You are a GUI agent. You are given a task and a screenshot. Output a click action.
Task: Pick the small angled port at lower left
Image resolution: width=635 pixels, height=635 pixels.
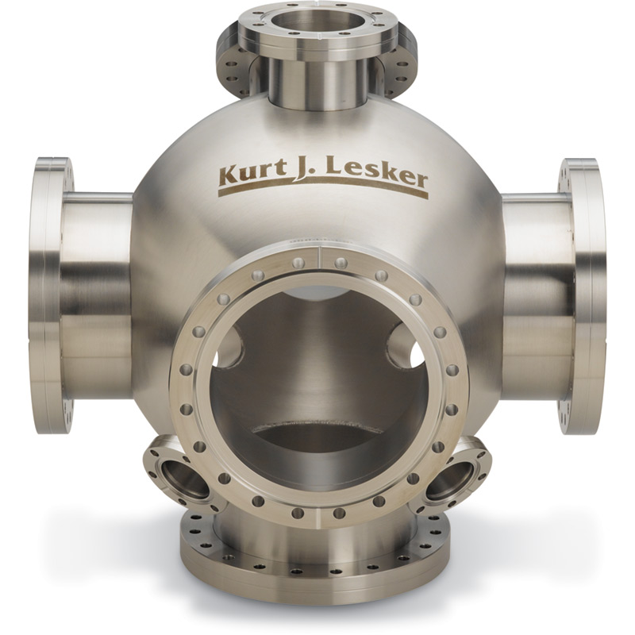pyautogui.click(x=179, y=475)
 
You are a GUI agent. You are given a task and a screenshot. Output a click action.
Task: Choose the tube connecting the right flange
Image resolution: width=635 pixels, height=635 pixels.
pyautogui.click(x=536, y=294)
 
